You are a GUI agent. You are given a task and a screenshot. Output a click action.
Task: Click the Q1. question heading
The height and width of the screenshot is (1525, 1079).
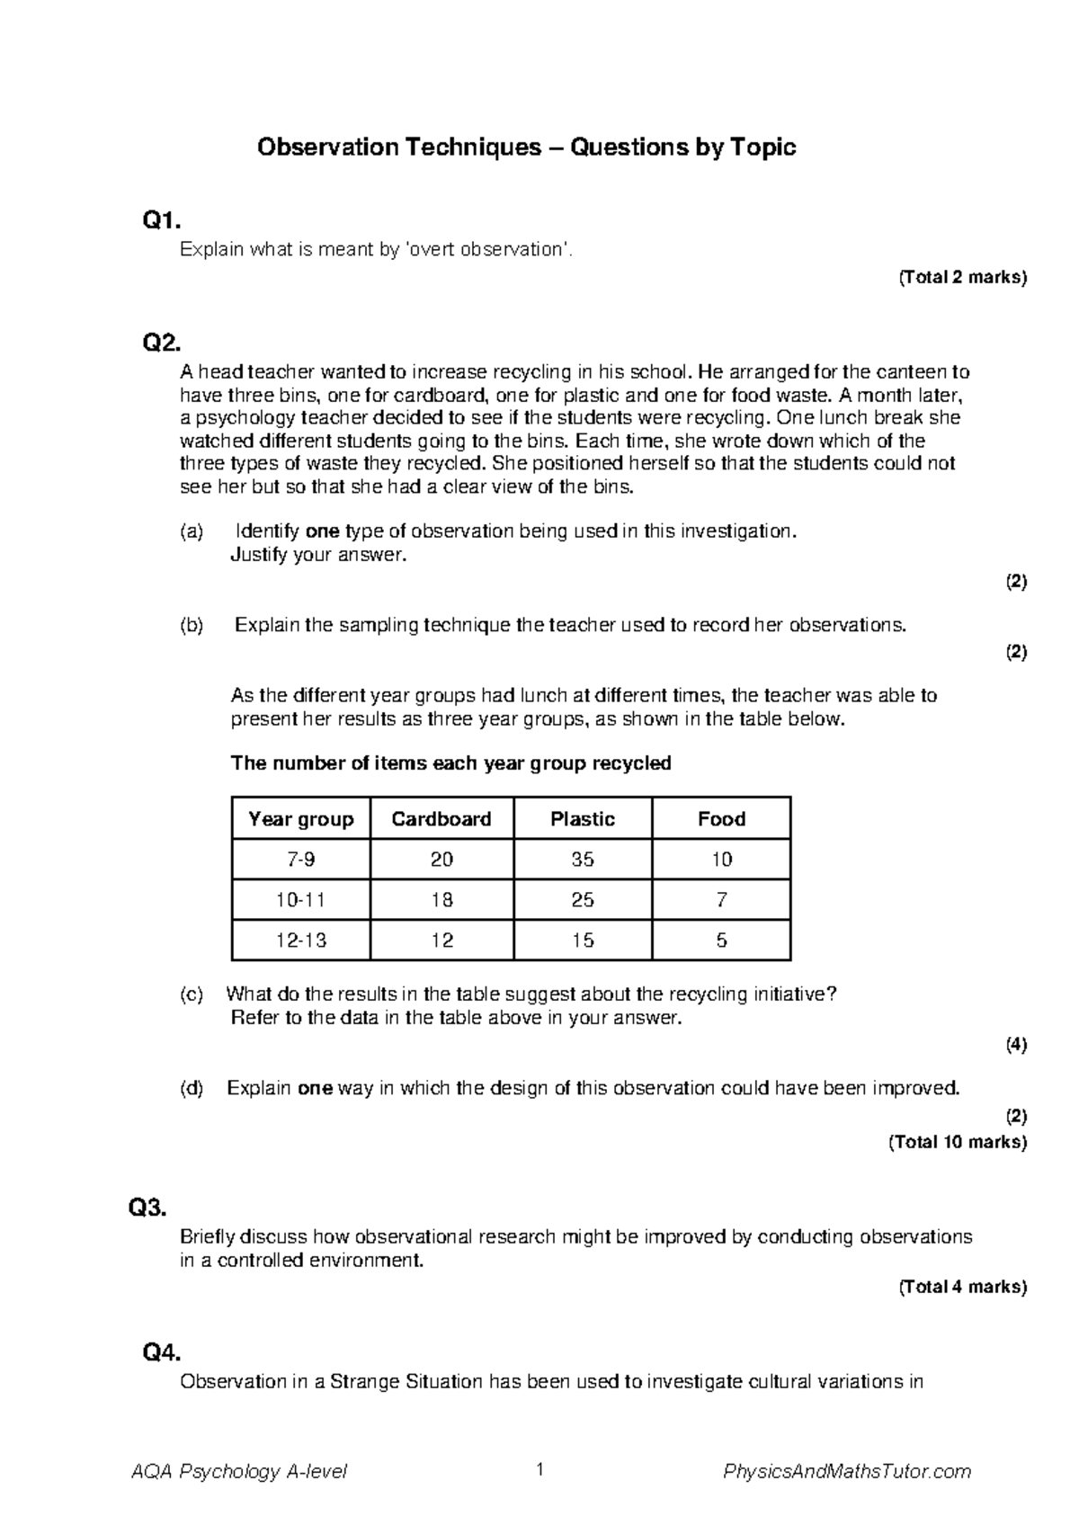162,220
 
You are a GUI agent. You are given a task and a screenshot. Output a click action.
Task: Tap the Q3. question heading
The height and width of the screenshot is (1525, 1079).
148,1208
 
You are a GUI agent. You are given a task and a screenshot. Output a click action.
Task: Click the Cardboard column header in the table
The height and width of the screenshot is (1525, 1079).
441,819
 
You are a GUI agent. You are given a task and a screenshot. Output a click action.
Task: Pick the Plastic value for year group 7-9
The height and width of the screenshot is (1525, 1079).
583,860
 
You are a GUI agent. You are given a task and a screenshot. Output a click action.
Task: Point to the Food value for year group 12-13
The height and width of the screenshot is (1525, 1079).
721,941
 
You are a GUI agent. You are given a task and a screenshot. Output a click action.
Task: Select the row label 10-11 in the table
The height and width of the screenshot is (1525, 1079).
301,900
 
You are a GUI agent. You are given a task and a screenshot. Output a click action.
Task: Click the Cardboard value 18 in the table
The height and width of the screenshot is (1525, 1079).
441,900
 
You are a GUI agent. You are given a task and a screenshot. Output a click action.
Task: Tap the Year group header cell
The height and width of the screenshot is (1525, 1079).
301,819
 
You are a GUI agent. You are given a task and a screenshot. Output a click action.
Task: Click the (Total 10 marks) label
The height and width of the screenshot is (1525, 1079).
957,1142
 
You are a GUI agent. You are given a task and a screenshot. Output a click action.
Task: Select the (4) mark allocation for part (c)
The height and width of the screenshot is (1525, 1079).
1016,1044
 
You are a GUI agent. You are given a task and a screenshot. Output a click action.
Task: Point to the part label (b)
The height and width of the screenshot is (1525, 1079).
192,625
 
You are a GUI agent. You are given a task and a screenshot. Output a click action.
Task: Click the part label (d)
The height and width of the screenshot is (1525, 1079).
192,1088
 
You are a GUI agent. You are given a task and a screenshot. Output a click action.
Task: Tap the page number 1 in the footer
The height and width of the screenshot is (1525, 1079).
539,1470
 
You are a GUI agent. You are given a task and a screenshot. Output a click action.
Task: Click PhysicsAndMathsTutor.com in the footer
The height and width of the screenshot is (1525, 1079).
847,1472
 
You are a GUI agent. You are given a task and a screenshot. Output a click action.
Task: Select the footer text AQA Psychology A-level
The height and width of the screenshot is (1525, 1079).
239,1472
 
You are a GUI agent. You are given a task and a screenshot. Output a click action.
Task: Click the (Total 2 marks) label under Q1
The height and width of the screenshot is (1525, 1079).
962,277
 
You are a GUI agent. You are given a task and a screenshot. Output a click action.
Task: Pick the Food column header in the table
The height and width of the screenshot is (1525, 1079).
721,819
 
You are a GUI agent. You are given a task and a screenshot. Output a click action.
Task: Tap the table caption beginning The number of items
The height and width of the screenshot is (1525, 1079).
450,763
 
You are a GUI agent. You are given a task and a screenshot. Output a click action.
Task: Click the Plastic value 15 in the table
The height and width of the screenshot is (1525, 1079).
583,941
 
